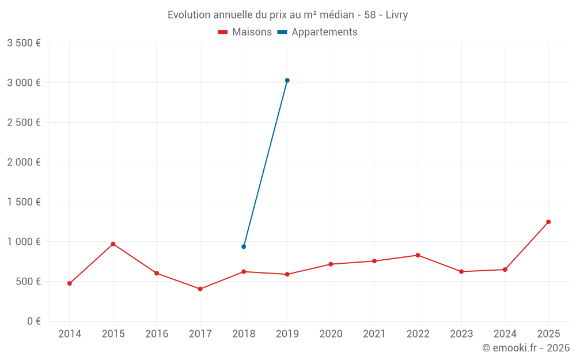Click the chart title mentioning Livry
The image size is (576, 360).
287,15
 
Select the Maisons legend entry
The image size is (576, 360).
245,32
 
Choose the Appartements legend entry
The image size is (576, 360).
317,32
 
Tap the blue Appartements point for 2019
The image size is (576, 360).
287,81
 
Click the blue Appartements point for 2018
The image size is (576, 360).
244,247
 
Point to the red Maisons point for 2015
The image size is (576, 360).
113,244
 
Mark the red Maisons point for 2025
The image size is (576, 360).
548,222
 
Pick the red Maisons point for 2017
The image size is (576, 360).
200,289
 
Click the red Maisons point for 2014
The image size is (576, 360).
70,283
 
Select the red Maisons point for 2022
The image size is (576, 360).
418,255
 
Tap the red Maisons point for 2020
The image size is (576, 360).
331,264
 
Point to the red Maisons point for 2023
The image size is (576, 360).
461,272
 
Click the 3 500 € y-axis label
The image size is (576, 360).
24,43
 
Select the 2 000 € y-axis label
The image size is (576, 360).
24,162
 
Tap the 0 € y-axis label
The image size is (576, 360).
34,321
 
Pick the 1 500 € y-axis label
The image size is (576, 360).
24,202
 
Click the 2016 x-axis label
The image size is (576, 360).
157,334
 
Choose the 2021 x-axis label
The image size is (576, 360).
374,334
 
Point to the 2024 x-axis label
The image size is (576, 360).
505,334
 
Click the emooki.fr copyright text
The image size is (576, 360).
526,347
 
